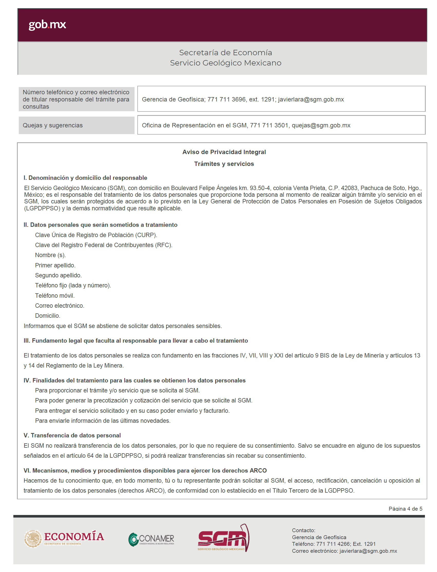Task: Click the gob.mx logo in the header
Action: (47, 24)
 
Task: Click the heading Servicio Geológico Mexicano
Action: (225, 63)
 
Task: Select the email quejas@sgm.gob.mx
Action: (321, 125)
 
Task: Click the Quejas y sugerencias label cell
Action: (77, 125)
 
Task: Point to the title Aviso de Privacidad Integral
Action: (224, 152)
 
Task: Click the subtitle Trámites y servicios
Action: (224, 164)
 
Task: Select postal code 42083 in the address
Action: (349, 188)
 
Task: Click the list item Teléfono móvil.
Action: (55, 296)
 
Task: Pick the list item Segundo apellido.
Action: (58, 275)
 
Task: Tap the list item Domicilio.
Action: (47, 316)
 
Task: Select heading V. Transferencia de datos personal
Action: (72, 435)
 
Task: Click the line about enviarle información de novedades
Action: (103, 420)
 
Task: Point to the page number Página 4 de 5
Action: (405, 509)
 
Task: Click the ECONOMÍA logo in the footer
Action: (64, 538)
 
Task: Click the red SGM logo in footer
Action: (223, 538)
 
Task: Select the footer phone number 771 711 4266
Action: (333, 544)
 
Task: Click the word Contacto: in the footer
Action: (303, 530)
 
